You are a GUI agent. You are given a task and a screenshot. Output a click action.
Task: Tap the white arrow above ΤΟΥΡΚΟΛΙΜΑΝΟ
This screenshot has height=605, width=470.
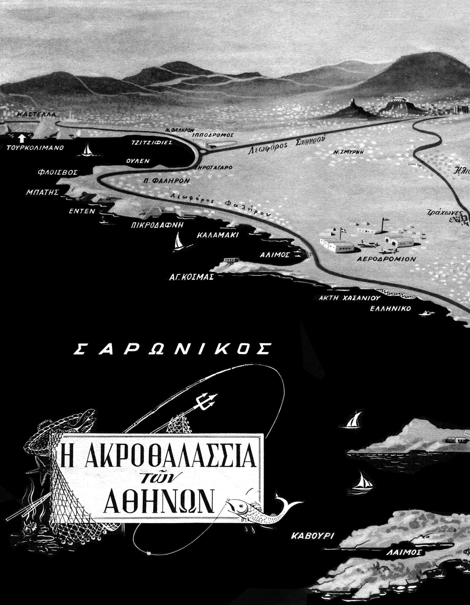point(21,139)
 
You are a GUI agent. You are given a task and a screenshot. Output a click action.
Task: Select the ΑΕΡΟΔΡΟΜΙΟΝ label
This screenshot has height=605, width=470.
point(386,259)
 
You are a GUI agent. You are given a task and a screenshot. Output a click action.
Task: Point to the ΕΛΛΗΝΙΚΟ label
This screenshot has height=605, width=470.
point(390,309)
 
